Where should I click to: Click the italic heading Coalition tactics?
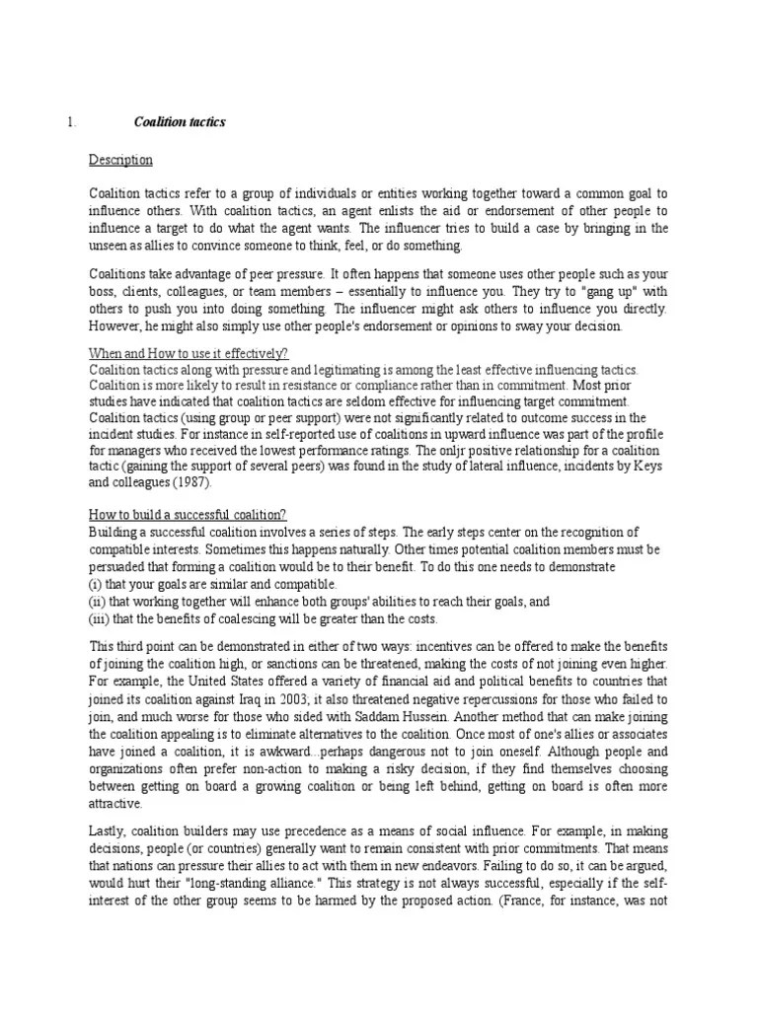tap(180, 122)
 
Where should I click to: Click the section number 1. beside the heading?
tap(71, 122)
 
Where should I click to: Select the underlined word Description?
tap(120, 160)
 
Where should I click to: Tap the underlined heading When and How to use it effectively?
tap(188, 353)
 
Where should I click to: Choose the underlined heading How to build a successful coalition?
tap(188, 515)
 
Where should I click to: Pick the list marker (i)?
tap(95, 584)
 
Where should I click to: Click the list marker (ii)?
tap(97, 601)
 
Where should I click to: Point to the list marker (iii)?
tap(99, 617)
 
